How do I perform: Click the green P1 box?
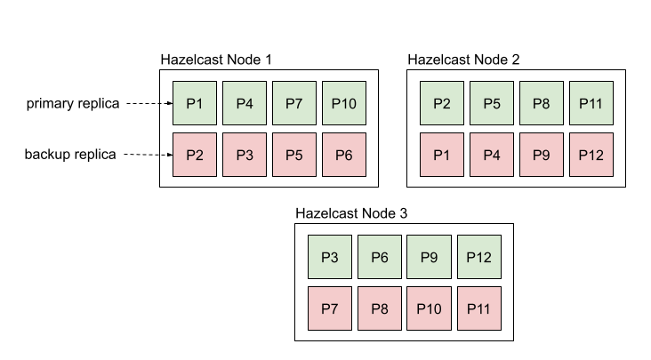coord(195,103)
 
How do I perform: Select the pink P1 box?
coord(442,155)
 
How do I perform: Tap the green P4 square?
coord(245,103)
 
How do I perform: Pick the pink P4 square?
coord(492,155)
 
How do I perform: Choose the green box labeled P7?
coord(294,103)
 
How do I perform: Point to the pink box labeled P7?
coord(330,308)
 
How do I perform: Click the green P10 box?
coord(344,103)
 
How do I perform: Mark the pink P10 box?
coord(430,308)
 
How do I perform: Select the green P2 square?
coord(442,103)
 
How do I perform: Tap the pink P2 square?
coord(195,155)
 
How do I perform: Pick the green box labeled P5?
coord(492,103)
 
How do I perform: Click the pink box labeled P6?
coord(344,155)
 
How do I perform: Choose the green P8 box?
coord(542,103)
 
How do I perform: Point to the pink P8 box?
coord(380,308)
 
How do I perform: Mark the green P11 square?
coord(591,103)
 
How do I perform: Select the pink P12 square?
coord(591,155)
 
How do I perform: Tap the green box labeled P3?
coord(330,257)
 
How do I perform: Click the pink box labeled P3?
coord(245,155)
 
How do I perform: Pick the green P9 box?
coord(430,257)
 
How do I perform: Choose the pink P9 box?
coord(542,155)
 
